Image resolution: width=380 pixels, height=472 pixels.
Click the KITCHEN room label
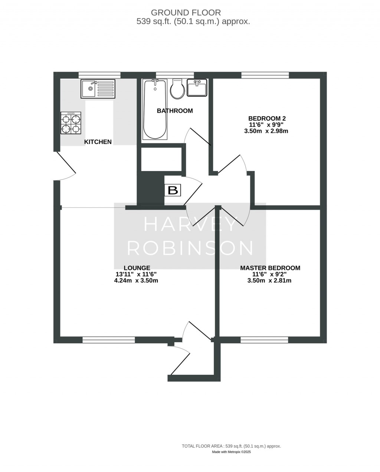(98, 142)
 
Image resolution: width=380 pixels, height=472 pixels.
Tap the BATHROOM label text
(175, 111)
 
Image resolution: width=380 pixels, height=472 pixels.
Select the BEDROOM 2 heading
(267, 118)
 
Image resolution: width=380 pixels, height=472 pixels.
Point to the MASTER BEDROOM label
(270, 268)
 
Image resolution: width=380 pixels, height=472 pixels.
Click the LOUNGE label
(137, 268)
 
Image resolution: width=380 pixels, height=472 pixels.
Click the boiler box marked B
(173, 190)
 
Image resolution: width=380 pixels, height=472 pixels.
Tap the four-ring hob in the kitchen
(71, 123)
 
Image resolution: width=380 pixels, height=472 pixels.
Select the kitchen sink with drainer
(98, 89)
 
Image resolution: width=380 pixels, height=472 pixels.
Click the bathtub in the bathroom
(155, 109)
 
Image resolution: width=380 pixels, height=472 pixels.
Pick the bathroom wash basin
(197, 88)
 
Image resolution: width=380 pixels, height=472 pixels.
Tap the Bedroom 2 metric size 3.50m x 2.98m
(266, 131)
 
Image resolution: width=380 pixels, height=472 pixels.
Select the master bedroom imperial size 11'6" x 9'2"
(269, 274)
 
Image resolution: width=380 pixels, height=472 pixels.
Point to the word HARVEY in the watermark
(190, 224)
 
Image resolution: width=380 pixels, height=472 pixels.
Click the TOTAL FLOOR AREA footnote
(231, 446)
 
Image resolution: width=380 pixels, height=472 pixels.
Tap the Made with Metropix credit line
(231, 452)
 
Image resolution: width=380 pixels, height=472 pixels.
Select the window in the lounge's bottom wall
(108, 339)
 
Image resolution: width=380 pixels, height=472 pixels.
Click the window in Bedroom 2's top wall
(265, 75)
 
